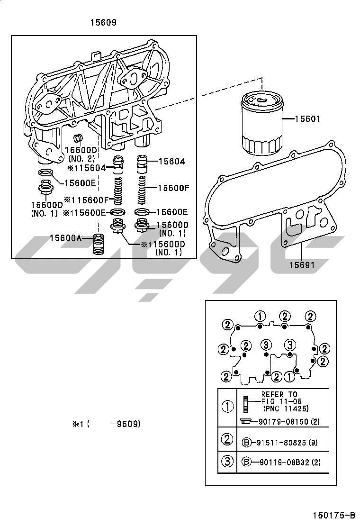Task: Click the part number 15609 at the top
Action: [103, 23]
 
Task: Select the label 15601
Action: [307, 118]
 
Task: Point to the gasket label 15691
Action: [302, 265]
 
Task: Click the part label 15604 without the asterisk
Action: [171, 161]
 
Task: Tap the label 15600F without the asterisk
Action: [173, 188]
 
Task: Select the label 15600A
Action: [65, 238]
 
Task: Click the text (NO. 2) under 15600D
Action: [81, 158]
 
